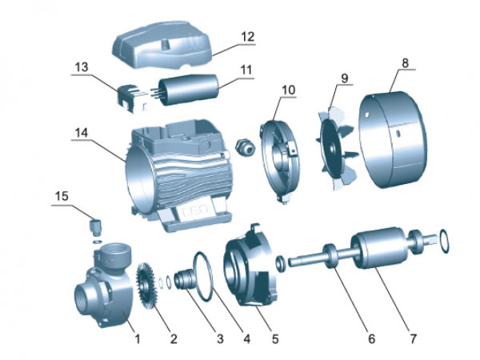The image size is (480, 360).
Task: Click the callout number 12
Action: point(248,37)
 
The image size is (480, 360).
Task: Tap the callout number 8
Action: point(405,63)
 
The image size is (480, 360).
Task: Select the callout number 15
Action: point(62,196)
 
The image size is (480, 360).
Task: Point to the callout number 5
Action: point(275,339)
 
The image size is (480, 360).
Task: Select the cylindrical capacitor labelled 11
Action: point(187,89)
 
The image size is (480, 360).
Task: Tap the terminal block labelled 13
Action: point(131,98)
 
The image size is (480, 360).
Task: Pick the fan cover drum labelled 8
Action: point(393,139)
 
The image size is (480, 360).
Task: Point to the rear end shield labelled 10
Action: point(280,160)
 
